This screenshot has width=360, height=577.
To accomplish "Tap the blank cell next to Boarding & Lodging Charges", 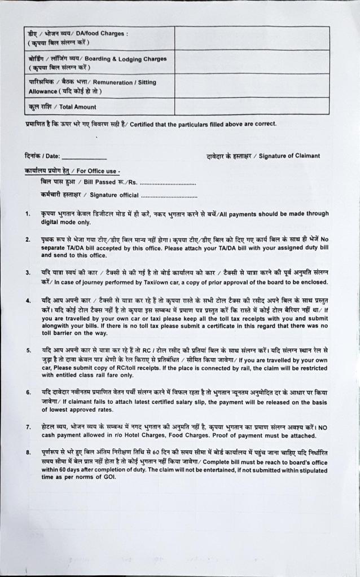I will [252, 62].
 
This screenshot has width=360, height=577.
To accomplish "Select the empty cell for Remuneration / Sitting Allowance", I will [252, 86].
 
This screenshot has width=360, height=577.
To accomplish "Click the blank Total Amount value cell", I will [252, 106].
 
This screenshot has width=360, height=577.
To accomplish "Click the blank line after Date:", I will [84, 157].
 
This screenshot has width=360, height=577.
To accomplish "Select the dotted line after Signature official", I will [169, 196].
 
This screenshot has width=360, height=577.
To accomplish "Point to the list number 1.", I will [28, 214].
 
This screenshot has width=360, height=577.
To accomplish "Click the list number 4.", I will [28, 300].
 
